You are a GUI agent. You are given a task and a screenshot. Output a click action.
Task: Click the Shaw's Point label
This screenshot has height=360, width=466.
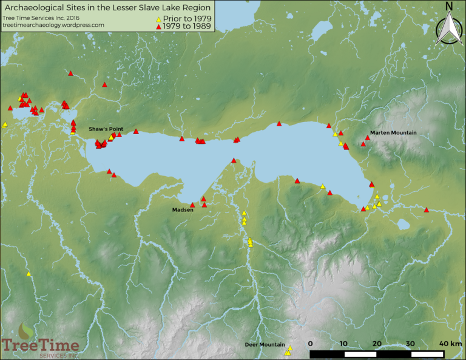[106, 129]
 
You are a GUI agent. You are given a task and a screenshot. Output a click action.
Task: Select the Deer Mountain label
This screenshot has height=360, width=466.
[265, 344]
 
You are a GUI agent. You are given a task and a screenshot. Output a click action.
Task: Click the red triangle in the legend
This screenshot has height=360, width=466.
[158, 29]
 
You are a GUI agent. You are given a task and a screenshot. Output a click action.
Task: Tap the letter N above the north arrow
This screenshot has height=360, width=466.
[448, 7]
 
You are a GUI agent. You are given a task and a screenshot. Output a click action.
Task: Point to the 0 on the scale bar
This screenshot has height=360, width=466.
[310, 344]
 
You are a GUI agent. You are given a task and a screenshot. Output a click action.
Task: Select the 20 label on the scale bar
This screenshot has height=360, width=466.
[377, 344]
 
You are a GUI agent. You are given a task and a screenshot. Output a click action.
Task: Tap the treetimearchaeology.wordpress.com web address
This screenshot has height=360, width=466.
[57, 25]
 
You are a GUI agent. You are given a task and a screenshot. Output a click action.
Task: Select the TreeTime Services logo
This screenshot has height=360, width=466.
[40, 342]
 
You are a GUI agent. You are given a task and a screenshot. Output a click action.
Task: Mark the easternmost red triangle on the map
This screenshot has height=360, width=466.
[427, 210]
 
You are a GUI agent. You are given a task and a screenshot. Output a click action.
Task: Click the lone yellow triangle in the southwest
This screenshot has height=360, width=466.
[29, 274]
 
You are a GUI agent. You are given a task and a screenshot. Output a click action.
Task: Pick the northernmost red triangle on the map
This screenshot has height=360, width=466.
[70, 73]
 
